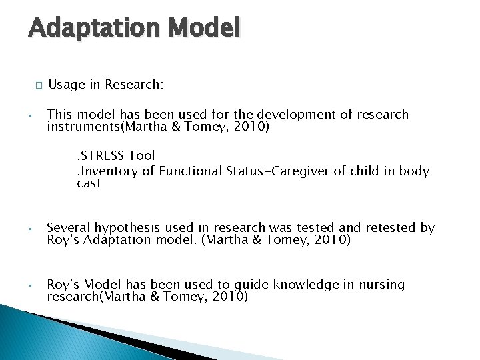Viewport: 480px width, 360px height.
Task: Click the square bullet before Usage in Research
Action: (39, 85)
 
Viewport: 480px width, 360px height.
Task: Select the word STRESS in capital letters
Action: (103, 156)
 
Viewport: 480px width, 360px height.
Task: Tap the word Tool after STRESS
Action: (141, 156)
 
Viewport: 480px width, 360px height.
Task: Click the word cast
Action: (89, 183)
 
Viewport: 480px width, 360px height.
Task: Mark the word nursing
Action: (381, 285)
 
